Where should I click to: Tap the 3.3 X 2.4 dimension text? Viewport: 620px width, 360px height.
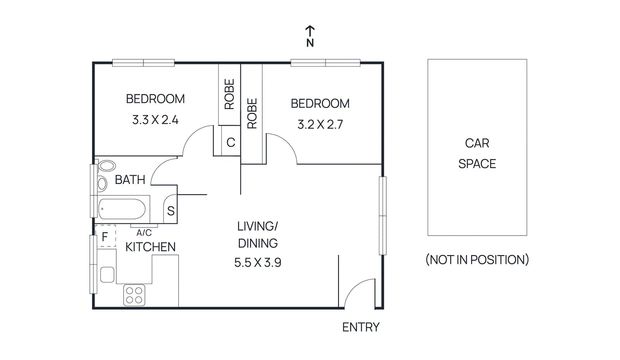pyautogui.click(x=155, y=120)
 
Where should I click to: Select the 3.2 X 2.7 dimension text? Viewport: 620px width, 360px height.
pyautogui.click(x=320, y=124)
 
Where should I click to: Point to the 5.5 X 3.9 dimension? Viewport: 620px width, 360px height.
pyautogui.click(x=258, y=262)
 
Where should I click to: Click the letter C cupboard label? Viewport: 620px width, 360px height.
pyautogui.click(x=231, y=143)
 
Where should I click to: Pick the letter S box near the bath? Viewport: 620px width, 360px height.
pyautogui.click(x=170, y=211)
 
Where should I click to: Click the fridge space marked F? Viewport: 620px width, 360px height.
pyautogui.click(x=105, y=236)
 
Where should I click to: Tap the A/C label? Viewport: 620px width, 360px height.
pyautogui.click(x=144, y=233)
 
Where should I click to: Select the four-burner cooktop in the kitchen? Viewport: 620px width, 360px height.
pyautogui.click(x=134, y=295)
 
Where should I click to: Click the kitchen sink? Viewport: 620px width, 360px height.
pyautogui.click(x=107, y=274)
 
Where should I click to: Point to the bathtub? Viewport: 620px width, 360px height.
pyautogui.click(x=122, y=209)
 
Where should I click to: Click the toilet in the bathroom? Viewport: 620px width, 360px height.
pyautogui.click(x=107, y=166)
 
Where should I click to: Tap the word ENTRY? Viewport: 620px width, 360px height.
pyautogui.click(x=361, y=327)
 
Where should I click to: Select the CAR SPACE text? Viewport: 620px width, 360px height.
pyautogui.click(x=477, y=153)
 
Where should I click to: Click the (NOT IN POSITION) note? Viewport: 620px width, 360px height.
pyautogui.click(x=477, y=259)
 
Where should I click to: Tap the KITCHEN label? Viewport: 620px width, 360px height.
pyautogui.click(x=150, y=247)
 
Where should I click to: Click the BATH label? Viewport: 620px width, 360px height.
pyautogui.click(x=130, y=180)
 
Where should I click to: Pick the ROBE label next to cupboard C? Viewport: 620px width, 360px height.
pyautogui.click(x=229, y=94)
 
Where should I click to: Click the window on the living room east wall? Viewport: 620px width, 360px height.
pyautogui.click(x=382, y=215)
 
